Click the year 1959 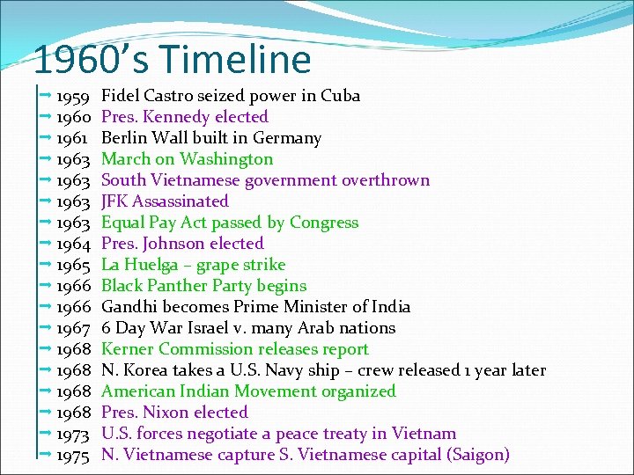(x=74, y=96)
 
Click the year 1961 (x=74, y=138)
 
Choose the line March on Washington (x=187, y=159)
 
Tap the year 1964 (x=74, y=244)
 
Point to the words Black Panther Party (x=174, y=286)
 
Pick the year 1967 (x=74, y=328)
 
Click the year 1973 (x=74, y=434)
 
